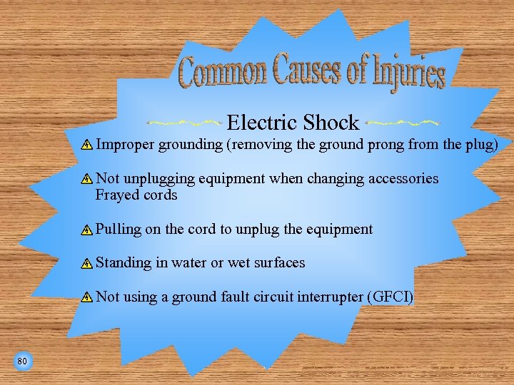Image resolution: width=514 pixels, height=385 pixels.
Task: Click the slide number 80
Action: click(22, 362)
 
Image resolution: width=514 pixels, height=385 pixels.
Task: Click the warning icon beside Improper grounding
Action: click(86, 145)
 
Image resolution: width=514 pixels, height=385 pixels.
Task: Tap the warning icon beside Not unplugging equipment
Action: click(86, 179)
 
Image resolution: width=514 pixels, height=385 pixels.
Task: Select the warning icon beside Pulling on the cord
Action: click(86, 230)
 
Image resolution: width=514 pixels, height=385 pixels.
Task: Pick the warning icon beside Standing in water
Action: click(86, 263)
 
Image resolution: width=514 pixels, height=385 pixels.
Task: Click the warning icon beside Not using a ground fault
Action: click(86, 297)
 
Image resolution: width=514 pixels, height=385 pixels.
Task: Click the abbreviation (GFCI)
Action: click(389, 297)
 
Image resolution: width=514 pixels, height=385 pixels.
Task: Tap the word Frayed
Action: click(114, 195)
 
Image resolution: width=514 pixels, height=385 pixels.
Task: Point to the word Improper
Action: click(125, 145)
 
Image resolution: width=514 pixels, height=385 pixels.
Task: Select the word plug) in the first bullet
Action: click(482, 145)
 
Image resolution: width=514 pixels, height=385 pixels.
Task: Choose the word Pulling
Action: click(119, 230)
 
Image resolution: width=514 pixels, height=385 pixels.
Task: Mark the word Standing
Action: click(124, 263)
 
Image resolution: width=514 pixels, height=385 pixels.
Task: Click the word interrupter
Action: click(326, 297)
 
